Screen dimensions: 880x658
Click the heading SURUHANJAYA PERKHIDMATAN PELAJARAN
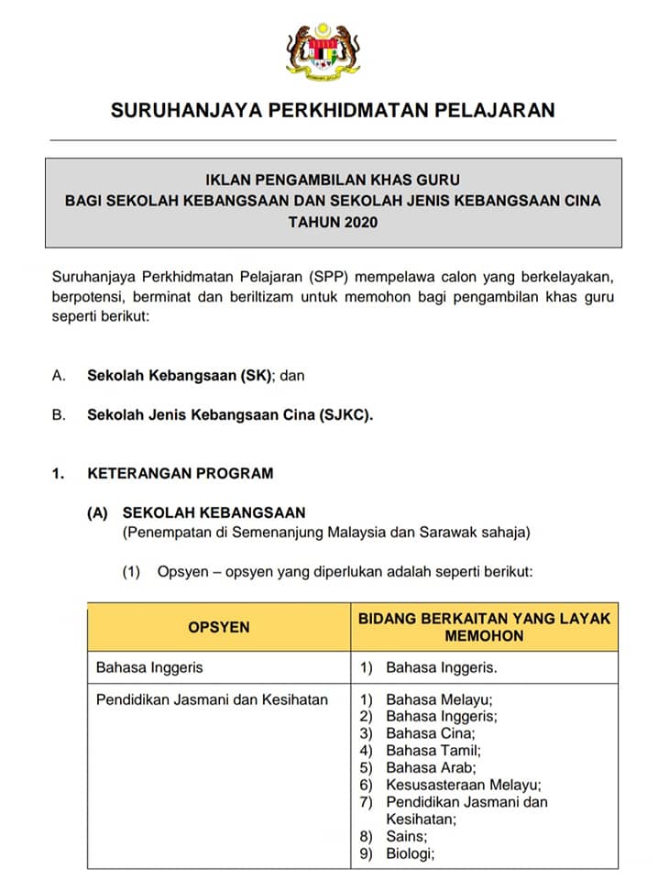(332, 111)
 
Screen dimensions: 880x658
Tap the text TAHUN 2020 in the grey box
(333, 223)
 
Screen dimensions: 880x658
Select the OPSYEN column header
(218, 627)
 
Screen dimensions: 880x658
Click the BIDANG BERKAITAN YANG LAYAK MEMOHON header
(484, 627)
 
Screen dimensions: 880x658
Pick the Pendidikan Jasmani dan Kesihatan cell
(212, 699)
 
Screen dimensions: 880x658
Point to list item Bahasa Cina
(430, 733)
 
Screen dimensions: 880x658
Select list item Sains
(407, 836)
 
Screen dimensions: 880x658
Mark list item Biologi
(411, 852)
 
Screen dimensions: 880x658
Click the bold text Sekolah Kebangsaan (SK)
(181, 375)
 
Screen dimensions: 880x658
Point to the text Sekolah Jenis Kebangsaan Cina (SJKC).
(230, 414)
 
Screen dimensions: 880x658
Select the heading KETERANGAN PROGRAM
(180, 474)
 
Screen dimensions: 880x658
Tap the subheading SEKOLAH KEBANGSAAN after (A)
(214, 513)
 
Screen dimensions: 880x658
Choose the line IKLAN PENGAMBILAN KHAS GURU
(333, 181)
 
